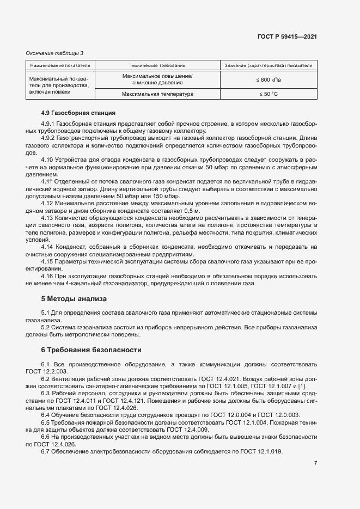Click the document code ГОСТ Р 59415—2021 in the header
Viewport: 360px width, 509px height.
[287, 36]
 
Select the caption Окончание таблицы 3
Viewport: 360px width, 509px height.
[55, 53]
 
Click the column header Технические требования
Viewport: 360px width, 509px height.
[157, 65]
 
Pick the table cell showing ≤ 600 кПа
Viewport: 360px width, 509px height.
[268, 79]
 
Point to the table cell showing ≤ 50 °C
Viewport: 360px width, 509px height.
[268, 94]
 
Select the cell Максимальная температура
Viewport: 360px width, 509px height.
[157, 94]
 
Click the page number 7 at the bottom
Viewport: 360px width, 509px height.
[315, 463]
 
